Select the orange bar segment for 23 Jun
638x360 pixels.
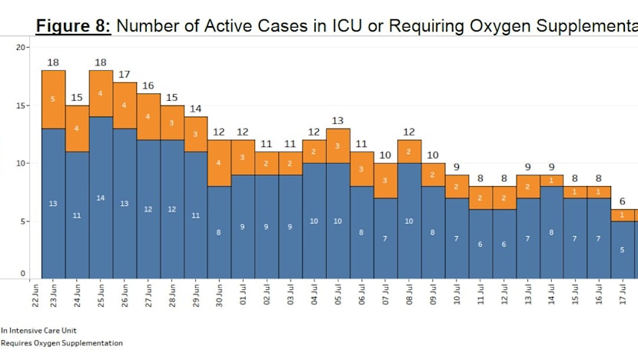pyautogui.click(x=53, y=99)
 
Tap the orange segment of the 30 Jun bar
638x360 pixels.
pyautogui.click(x=219, y=163)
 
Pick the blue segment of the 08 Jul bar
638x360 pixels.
pyautogui.click(x=409, y=221)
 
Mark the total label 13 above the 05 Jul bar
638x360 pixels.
pyautogui.click(x=337, y=120)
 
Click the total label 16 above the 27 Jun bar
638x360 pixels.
pyautogui.click(x=148, y=85)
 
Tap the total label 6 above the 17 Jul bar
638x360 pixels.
pyautogui.click(x=622, y=201)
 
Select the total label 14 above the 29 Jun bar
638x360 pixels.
pyautogui.click(x=195, y=108)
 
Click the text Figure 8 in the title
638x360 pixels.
pyautogui.click(x=75, y=25)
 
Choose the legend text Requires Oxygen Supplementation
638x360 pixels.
pyautogui.click(x=61, y=343)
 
